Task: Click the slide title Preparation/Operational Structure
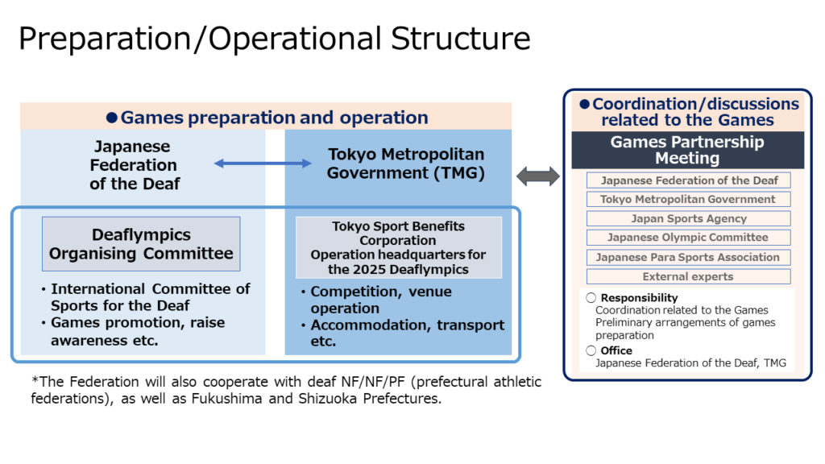click(274, 39)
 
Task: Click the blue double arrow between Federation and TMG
click(263, 164)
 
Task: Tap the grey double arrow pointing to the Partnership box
click(537, 176)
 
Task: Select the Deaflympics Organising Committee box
click(141, 244)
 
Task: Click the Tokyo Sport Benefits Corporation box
click(398, 247)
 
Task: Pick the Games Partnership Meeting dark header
click(687, 150)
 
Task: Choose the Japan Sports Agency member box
click(688, 218)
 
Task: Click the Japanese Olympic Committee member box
click(688, 238)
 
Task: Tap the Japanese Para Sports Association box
click(688, 257)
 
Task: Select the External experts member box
click(688, 276)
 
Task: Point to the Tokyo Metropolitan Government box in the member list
click(688, 199)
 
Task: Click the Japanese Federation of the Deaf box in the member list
click(688, 180)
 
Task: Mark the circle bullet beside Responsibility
click(591, 298)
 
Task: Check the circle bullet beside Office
click(591, 350)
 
